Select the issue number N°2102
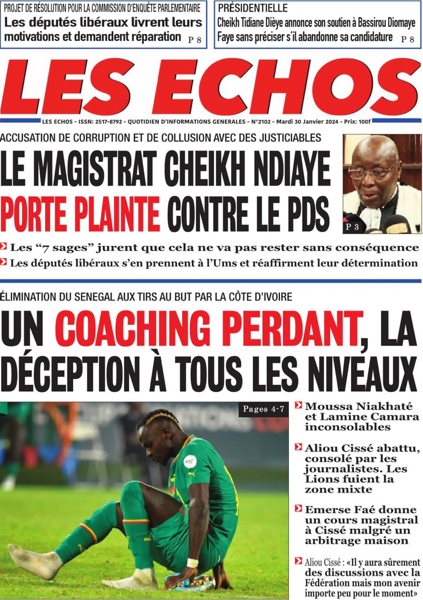tap(263, 121)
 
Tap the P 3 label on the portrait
tap(354, 227)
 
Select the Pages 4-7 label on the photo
tap(263, 409)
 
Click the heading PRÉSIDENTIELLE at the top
tap(253, 8)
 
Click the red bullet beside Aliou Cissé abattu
tap(298, 448)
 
